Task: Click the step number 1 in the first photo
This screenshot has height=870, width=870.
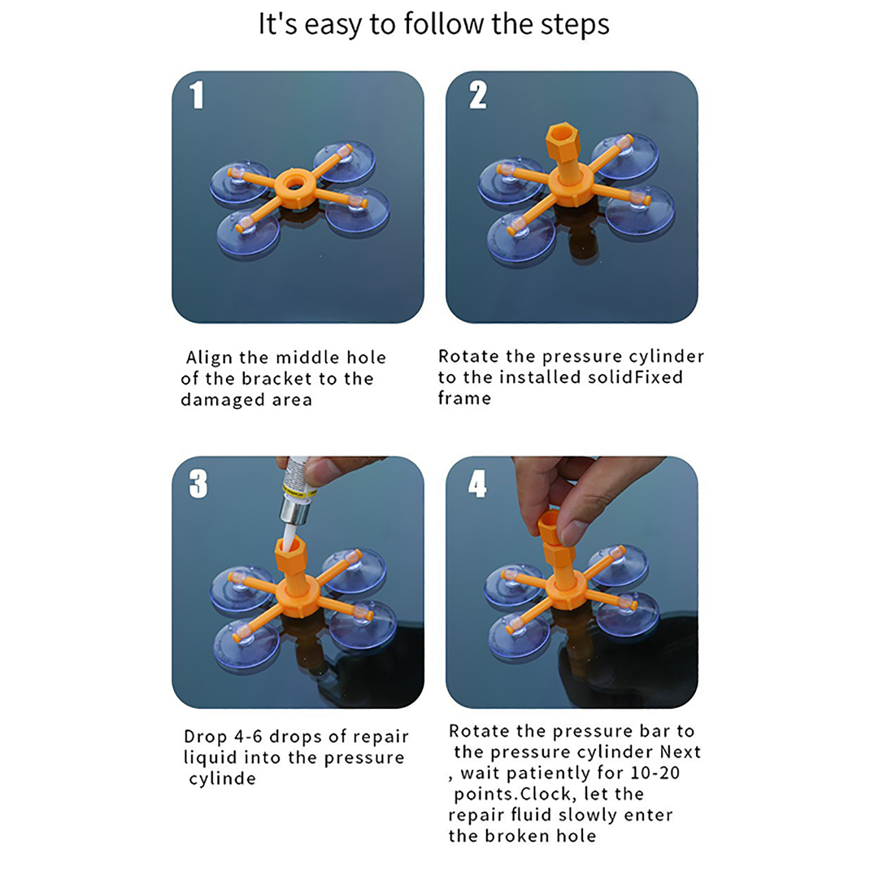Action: tap(197, 95)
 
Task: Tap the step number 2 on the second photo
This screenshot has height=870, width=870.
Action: tap(478, 95)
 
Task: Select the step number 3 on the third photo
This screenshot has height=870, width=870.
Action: tap(198, 483)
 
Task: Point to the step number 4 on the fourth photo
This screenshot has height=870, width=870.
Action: tap(477, 483)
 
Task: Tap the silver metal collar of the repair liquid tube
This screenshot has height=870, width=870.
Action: tap(295, 509)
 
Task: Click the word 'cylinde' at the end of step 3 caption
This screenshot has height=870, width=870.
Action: tap(222, 779)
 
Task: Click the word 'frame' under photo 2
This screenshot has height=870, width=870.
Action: tap(465, 398)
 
